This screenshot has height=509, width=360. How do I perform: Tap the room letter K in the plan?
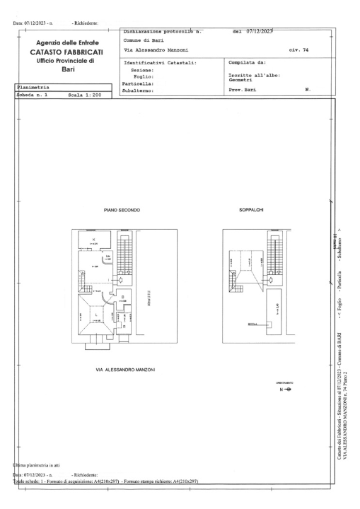pyautogui.click(x=93, y=240)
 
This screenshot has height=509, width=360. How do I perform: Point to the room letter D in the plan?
pyautogui.click(x=122, y=296)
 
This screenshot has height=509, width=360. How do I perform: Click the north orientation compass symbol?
pyautogui.click(x=286, y=390)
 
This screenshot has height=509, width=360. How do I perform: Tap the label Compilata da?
pyautogui.click(x=243, y=63)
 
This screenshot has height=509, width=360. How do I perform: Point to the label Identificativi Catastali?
pyautogui.click(x=160, y=63)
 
